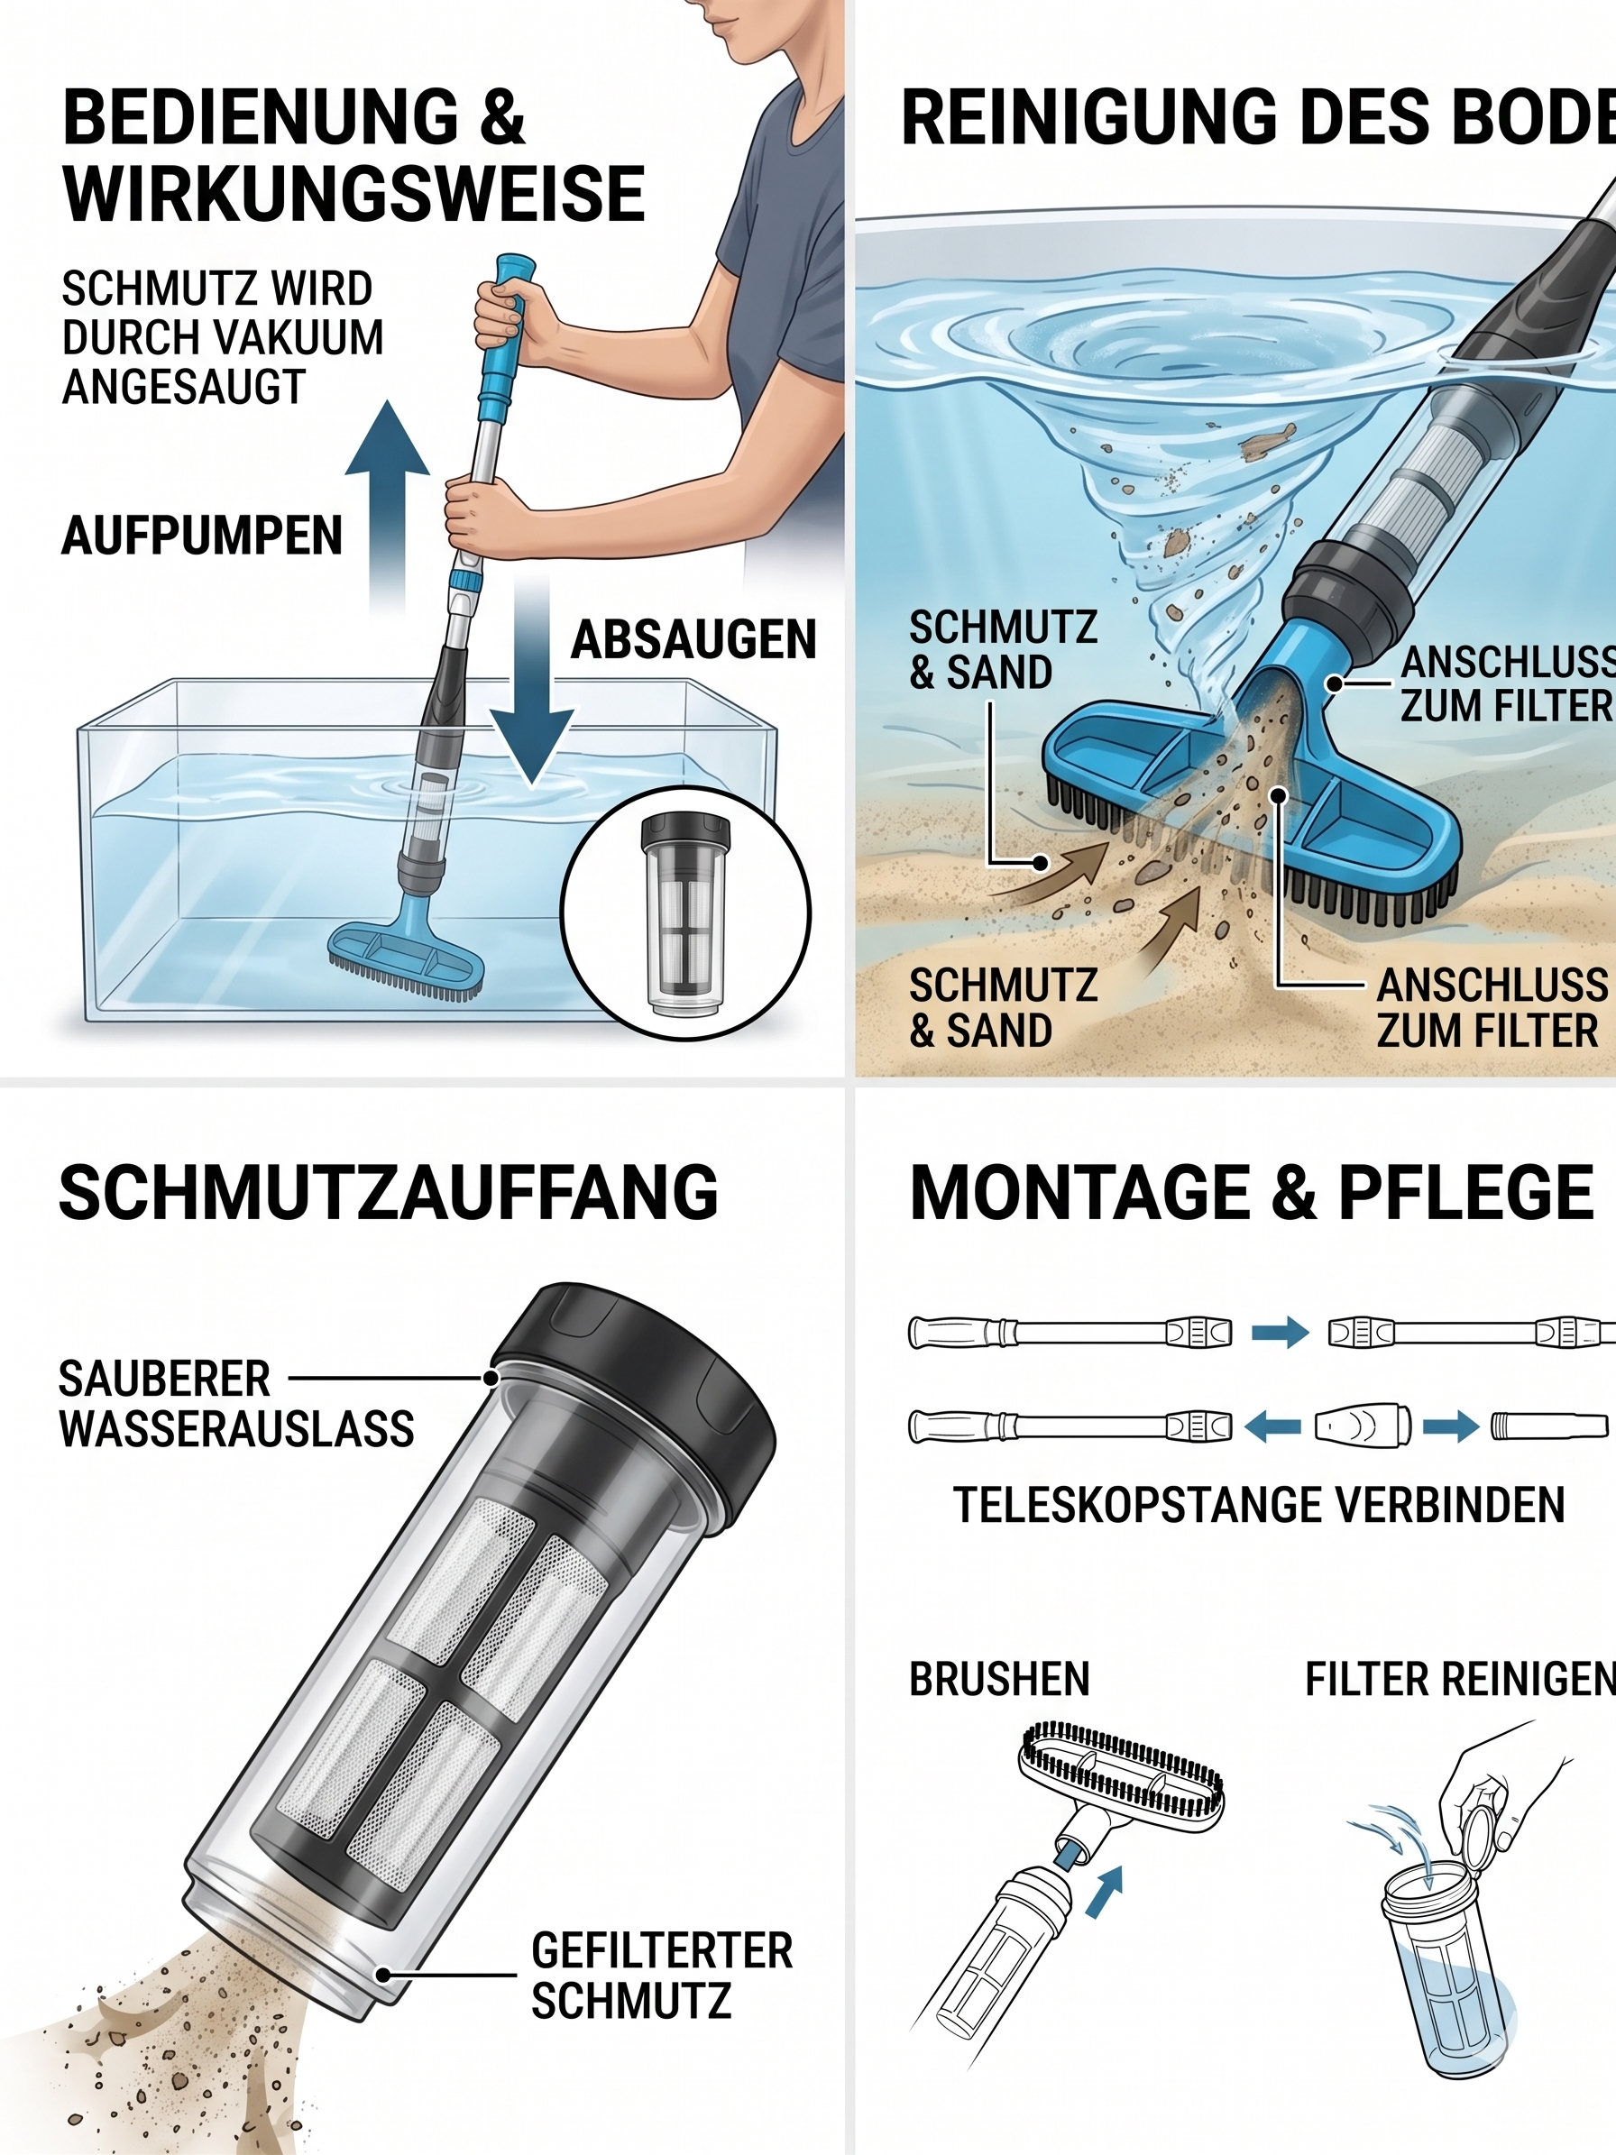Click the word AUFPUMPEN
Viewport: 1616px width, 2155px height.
pos(203,535)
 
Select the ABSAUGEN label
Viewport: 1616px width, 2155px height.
pos(693,639)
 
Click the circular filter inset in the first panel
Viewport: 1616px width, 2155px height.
pos(685,913)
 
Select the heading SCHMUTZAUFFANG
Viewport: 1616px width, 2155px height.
pos(389,1191)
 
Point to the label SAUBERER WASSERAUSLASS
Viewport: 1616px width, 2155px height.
pos(236,1404)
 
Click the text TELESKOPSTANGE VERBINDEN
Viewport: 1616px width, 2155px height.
pos(1259,1505)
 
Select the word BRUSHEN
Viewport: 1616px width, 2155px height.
pos(999,1680)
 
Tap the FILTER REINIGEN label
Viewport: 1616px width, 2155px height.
pos(1459,1680)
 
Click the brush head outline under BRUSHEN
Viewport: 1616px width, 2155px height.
pos(1120,1769)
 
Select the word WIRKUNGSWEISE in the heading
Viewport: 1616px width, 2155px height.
pos(353,194)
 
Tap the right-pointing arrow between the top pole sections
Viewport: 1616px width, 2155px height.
pos(1280,1332)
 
